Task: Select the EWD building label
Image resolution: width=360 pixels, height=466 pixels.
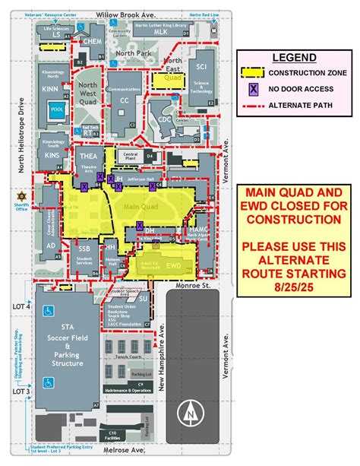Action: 174,266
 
